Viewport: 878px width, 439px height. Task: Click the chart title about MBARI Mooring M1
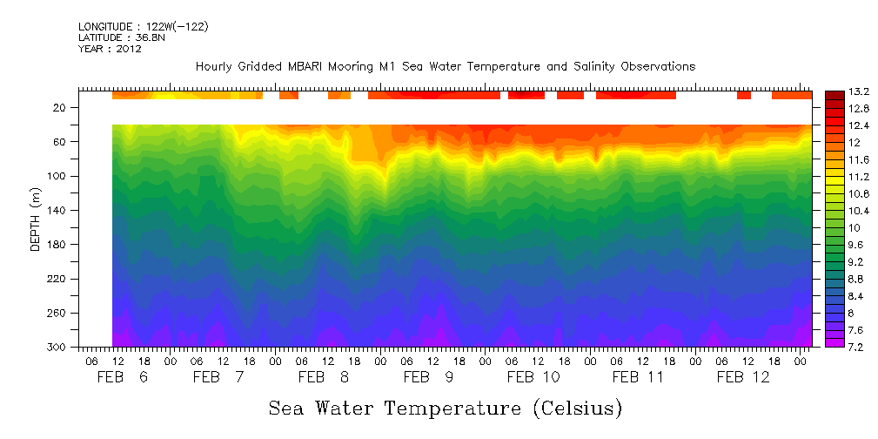coord(445,67)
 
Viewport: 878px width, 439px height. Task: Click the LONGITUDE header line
coord(143,26)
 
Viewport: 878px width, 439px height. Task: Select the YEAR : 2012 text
coord(110,49)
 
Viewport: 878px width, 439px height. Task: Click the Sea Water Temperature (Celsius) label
coord(445,408)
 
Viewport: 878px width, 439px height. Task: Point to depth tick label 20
coord(61,108)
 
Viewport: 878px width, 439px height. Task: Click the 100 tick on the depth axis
coord(58,176)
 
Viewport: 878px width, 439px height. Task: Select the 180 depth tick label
coord(58,245)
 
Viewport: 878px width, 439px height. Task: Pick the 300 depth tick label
coord(58,348)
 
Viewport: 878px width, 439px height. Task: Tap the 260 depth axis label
coord(58,313)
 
